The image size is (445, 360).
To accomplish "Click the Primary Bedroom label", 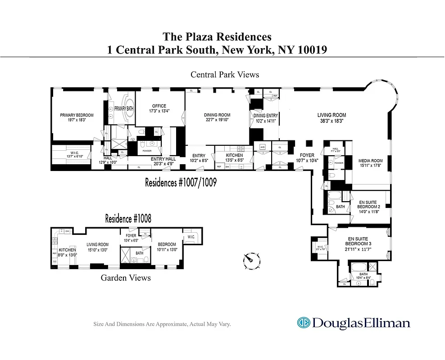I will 77,115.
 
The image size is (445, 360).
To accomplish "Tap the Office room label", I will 159,106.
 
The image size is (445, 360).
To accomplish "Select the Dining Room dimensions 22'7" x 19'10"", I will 217,120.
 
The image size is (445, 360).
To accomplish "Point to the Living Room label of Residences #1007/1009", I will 331,115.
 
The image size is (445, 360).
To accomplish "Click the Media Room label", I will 370,161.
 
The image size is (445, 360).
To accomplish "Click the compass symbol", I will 251,260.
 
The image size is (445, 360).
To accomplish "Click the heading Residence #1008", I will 128,219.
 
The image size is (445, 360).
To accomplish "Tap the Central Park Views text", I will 225,74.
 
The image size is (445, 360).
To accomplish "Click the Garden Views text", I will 126,278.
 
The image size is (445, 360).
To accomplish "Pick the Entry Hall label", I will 163,159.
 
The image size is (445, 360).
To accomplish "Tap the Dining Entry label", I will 266,116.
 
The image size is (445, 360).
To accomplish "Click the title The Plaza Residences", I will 217,36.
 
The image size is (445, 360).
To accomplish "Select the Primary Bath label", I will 123,108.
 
